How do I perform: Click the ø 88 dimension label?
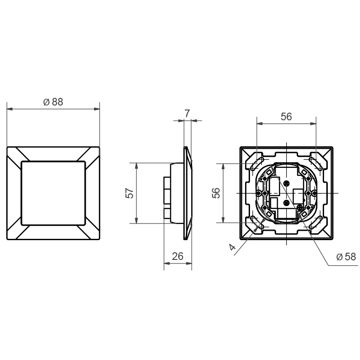[53, 102]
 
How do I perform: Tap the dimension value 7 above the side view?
[187, 114]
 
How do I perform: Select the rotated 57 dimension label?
[130, 193]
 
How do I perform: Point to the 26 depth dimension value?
[178, 256]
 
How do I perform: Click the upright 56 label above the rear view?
[286, 117]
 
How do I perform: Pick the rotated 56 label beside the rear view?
[216, 193]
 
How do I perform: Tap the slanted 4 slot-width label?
[233, 247]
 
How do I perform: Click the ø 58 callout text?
[346, 257]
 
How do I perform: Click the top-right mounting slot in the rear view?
[316, 163]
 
